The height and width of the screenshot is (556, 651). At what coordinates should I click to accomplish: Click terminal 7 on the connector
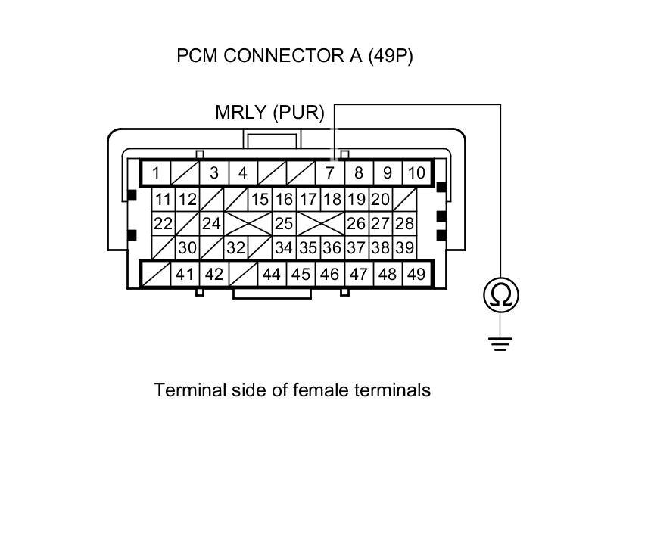(x=329, y=173)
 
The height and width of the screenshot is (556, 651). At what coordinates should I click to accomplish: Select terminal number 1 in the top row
(x=156, y=173)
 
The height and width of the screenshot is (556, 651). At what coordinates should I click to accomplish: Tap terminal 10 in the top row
(x=416, y=173)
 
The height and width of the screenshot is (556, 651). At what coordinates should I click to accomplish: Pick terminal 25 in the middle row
(x=284, y=224)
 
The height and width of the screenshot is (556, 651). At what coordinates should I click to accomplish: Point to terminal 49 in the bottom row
(x=416, y=274)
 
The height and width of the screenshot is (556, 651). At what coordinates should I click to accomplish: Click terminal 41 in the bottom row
(x=185, y=274)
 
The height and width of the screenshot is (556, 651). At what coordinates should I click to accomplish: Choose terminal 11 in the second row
(x=163, y=200)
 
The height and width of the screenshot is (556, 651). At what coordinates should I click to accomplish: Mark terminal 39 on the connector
(x=404, y=247)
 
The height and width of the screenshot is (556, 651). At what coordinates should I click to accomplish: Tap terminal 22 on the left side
(x=163, y=224)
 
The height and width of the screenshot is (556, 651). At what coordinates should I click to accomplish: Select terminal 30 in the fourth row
(x=187, y=247)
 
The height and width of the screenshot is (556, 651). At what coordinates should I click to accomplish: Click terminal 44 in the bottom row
(x=272, y=274)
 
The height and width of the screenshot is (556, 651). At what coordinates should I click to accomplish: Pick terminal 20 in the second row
(x=380, y=200)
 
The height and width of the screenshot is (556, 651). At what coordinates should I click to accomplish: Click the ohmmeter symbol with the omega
(x=501, y=295)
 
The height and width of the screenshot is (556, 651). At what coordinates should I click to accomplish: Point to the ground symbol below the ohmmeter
(x=500, y=344)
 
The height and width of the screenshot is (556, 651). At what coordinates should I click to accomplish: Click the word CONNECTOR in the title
(x=284, y=57)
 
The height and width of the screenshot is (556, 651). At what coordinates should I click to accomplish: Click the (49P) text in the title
(x=391, y=57)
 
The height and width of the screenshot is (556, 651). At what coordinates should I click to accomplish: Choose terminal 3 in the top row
(x=214, y=173)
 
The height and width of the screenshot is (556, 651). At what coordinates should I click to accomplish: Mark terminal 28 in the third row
(x=405, y=224)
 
